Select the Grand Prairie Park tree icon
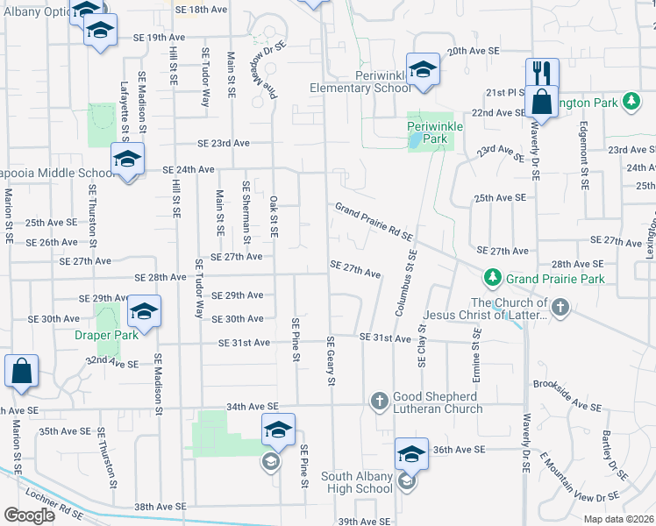494,279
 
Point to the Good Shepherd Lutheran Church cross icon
380,401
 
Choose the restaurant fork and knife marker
541,74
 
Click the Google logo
29,515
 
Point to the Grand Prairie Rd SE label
373,221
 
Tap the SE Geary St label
331,360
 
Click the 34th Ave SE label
251,406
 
